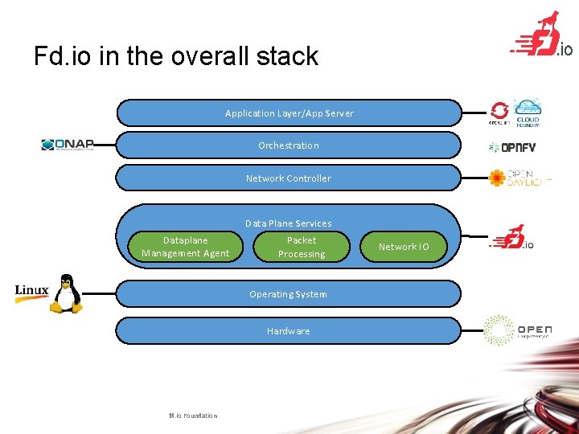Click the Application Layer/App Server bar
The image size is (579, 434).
click(289, 113)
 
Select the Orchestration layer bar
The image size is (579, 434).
click(289, 145)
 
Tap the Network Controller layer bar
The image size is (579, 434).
click(289, 178)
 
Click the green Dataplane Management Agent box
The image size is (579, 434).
click(185, 247)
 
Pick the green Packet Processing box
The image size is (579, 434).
click(302, 247)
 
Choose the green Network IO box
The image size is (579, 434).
click(404, 247)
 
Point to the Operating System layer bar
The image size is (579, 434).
click(289, 294)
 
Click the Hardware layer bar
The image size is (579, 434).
click(289, 331)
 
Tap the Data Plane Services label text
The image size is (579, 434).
click(289, 223)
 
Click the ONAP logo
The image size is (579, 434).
click(68, 145)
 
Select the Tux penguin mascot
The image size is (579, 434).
click(67, 293)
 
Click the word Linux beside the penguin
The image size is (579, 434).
click(32, 290)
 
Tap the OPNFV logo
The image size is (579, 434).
click(512, 148)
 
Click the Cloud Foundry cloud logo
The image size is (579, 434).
click(528, 112)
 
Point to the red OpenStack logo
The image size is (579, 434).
click(499, 113)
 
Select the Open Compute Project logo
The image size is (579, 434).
click(518, 330)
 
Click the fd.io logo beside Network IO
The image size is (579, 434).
click(511, 239)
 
